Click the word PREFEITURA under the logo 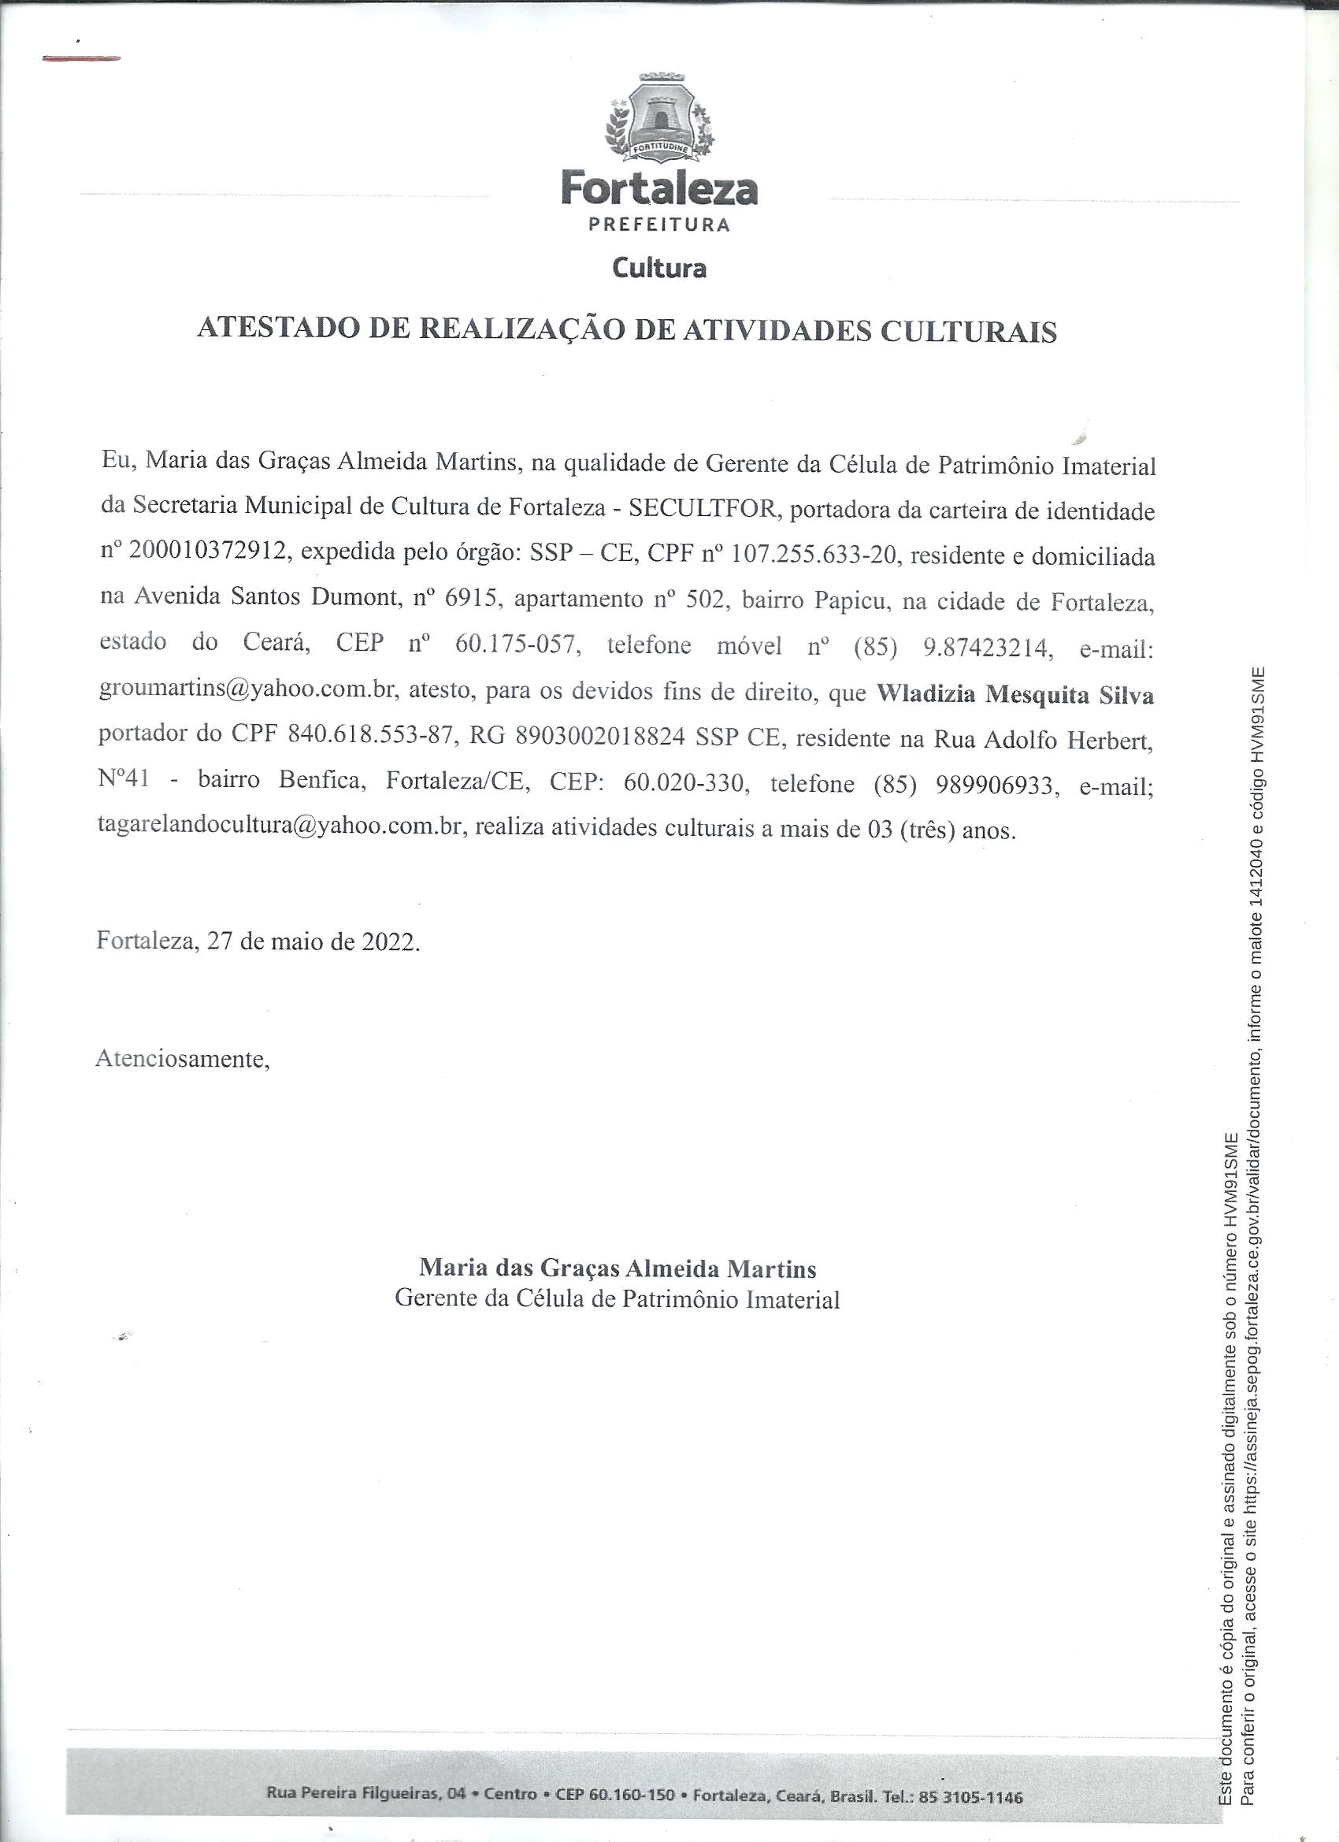658,225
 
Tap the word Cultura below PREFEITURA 658,267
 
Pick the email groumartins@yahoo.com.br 247,689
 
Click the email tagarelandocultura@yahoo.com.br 281,826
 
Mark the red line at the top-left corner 80,58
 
